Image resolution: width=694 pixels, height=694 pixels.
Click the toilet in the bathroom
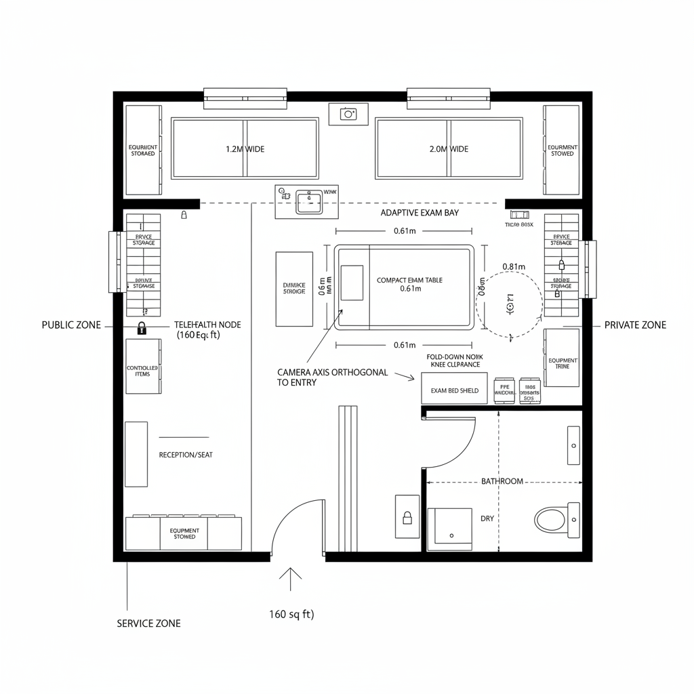coord(550,520)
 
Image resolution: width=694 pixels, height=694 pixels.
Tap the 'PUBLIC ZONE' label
coord(71,325)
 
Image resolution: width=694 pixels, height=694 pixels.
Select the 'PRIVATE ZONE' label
coord(634,325)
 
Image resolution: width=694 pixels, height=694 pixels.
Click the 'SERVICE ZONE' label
coord(148,623)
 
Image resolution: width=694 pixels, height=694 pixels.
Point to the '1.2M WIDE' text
coord(245,149)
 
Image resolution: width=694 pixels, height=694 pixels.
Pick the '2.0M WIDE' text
coord(449,149)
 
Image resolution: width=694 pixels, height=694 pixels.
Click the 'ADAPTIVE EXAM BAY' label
coord(420,213)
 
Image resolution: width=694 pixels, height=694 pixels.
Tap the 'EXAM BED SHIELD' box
coord(454,391)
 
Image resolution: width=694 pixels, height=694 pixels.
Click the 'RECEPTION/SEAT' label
coord(185,455)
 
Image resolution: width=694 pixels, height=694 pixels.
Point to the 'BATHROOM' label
coord(502,481)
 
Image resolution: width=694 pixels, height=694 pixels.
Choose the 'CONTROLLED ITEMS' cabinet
coord(143,371)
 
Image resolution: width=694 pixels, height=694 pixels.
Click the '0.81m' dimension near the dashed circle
coord(514,266)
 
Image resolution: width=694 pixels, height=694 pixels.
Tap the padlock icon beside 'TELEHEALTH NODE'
coord(142,329)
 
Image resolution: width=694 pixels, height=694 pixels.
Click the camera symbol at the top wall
coord(348,114)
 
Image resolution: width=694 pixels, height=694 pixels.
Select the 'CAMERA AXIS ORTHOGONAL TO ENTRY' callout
coord(332,377)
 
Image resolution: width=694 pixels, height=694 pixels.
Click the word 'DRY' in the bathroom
coord(487,518)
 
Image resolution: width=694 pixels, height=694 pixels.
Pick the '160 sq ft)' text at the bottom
coord(291,615)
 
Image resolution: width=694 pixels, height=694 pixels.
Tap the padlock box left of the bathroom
coord(407,517)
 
